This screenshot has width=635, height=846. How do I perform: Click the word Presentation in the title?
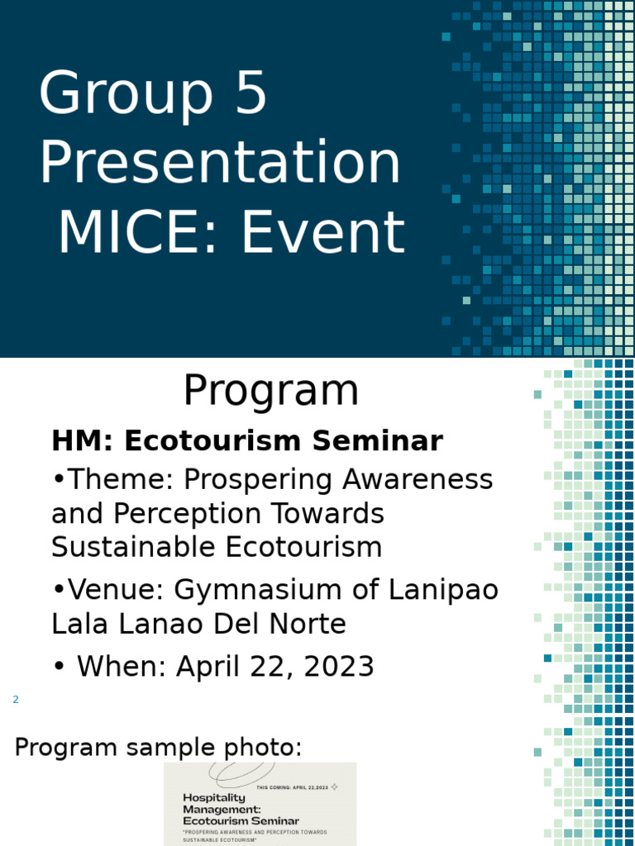click(x=220, y=163)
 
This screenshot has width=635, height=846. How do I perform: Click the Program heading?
click(x=271, y=392)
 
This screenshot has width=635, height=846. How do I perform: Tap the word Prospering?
click(x=253, y=479)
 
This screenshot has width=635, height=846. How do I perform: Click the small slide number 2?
click(x=15, y=701)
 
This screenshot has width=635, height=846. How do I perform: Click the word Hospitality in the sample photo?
click(x=214, y=797)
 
